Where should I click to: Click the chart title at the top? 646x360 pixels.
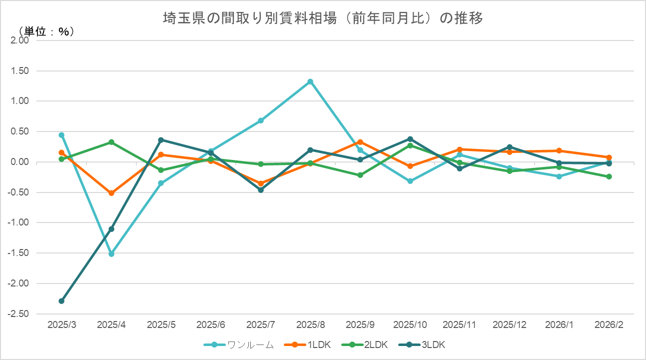[323, 18]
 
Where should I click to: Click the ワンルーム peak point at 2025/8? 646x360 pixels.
[310, 81]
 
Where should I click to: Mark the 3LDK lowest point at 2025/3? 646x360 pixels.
[61, 301]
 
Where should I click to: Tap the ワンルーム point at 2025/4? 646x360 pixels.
[111, 254]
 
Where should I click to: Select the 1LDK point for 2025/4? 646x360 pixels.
[111, 193]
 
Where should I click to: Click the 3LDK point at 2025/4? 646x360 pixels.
[111, 229]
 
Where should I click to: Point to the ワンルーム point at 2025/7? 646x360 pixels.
[261, 120]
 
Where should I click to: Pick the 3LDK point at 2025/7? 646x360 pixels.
[261, 190]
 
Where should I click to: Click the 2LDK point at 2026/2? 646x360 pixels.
[609, 176]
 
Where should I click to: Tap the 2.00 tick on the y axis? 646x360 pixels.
[20, 40]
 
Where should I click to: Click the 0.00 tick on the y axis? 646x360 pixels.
[20, 162]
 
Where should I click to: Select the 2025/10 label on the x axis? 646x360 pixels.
[410, 324]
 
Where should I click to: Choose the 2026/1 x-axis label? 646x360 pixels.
[559, 324]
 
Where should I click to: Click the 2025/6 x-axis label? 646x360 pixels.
[211, 324]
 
